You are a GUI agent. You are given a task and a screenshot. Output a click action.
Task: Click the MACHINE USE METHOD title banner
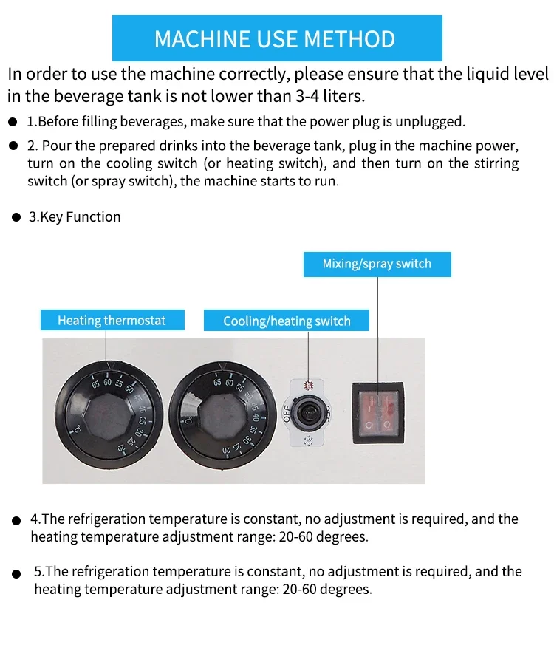[277, 38]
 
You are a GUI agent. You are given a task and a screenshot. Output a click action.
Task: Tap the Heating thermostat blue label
[112, 321]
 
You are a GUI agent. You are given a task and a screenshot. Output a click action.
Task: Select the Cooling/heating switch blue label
[287, 321]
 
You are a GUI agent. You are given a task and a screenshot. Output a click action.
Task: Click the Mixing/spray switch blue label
[377, 264]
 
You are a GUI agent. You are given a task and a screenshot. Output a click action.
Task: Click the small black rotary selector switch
[308, 414]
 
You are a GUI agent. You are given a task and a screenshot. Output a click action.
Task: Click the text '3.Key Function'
[75, 217]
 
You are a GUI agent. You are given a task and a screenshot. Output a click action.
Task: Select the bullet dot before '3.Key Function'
[16, 218]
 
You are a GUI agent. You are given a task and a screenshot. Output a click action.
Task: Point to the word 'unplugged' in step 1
[429, 121]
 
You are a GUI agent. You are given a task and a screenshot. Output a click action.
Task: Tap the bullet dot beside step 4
[16, 521]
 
